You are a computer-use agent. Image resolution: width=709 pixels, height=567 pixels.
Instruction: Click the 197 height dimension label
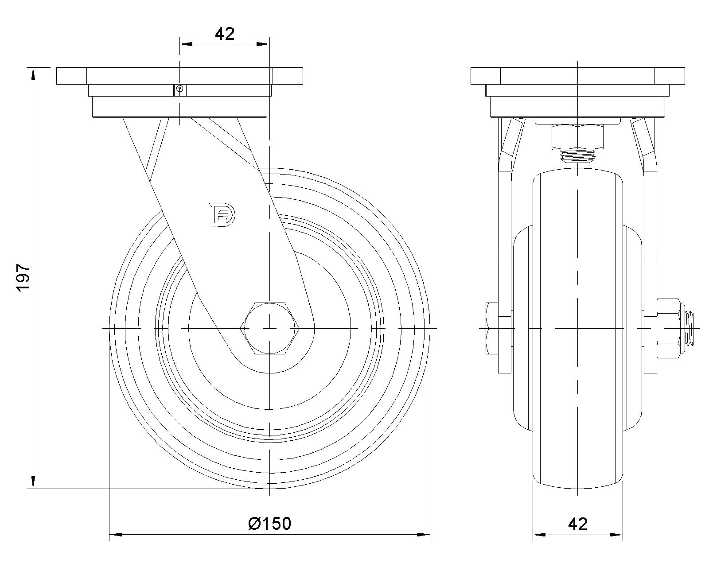[22, 278]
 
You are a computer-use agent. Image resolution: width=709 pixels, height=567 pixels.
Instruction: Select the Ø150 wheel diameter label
[269, 524]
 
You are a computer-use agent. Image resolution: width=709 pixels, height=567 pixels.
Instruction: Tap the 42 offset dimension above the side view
[225, 34]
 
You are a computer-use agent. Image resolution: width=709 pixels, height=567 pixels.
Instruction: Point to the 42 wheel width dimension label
[577, 524]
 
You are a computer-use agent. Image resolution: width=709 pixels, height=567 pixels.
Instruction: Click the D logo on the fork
[222, 215]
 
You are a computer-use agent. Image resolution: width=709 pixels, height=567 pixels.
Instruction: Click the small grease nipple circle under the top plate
[179, 89]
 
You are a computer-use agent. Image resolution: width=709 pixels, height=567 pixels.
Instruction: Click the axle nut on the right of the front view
[668, 328]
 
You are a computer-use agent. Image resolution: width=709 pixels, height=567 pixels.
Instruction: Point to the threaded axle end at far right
[690, 328]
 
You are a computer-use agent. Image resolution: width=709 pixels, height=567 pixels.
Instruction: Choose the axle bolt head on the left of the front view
[492, 328]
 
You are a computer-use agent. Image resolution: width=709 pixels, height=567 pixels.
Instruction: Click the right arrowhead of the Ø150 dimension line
[425, 535]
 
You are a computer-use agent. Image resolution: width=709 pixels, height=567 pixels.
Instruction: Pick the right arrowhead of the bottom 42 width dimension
[617, 535]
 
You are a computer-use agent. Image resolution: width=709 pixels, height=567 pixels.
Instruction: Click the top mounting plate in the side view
[179, 76]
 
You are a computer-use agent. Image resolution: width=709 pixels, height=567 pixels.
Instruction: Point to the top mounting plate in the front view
[577, 76]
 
